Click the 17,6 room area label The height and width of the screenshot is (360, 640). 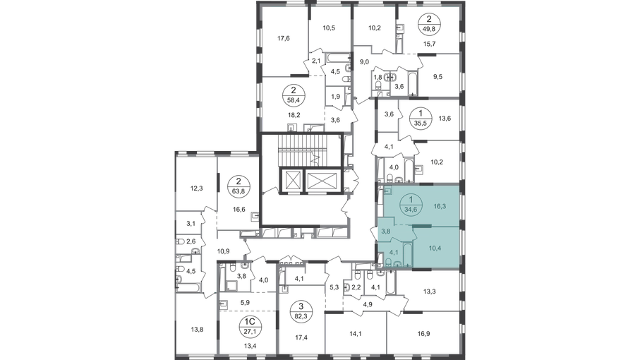pos(283,39)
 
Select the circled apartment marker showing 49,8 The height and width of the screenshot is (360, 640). pos(429,23)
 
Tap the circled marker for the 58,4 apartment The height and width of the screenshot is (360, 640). pos(293,95)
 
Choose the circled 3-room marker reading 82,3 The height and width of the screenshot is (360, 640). pos(301,310)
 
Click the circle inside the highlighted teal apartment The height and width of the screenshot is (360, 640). pos(411,204)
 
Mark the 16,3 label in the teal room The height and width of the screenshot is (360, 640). pos(440,207)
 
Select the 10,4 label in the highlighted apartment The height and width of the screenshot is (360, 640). pos(435,248)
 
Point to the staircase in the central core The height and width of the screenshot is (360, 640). pos(308,150)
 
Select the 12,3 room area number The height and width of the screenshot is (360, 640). pos(196,188)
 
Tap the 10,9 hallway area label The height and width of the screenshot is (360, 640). pos(223,251)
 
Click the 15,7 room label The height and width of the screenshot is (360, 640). pos(430,44)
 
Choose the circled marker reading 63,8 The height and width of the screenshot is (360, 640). pos(239,186)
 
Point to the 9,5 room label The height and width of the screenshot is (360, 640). pos(437,76)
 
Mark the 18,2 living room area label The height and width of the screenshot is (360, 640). pos(294,115)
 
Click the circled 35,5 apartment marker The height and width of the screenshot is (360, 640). pos(421,118)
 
